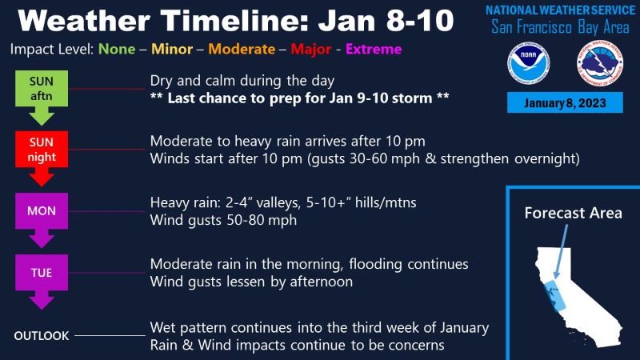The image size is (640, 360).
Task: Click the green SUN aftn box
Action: [x=42, y=89]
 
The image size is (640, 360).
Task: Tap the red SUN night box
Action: [x=42, y=150]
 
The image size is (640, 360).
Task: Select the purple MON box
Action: [x=42, y=211]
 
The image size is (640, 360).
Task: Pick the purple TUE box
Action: [x=42, y=272]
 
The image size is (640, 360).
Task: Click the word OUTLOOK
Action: [x=42, y=336]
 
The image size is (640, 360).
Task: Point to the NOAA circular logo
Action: [x=528, y=63]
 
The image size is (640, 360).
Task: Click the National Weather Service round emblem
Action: [x=599, y=63]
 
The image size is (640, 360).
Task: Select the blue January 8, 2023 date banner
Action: [x=565, y=102]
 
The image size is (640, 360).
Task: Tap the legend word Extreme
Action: [x=374, y=49]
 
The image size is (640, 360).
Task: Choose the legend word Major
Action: [x=311, y=50]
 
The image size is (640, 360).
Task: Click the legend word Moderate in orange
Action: [x=242, y=49]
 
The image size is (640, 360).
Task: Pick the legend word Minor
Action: [x=172, y=49]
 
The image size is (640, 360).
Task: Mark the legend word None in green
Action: [x=117, y=49]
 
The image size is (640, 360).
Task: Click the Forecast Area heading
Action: [x=573, y=213]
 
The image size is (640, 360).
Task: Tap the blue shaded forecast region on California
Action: [x=554, y=294]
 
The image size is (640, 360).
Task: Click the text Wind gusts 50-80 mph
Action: [x=223, y=221]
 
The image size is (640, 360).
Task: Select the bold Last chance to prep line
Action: [x=299, y=98]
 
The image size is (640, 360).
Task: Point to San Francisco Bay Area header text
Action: [x=560, y=27]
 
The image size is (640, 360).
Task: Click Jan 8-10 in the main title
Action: [x=386, y=21]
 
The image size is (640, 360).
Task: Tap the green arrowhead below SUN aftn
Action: [x=42, y=116]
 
